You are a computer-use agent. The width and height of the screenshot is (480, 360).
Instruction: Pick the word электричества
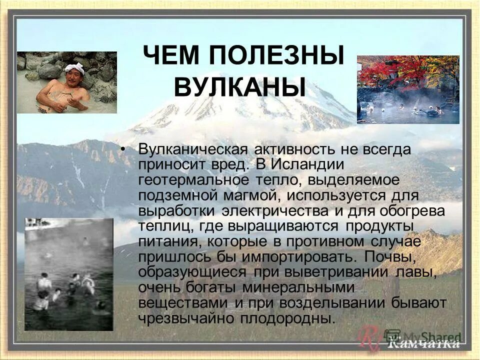pyautogui.click(x=277, y=210)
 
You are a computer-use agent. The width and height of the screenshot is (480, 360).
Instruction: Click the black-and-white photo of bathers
pyautogui.click(x=69, y=274)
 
